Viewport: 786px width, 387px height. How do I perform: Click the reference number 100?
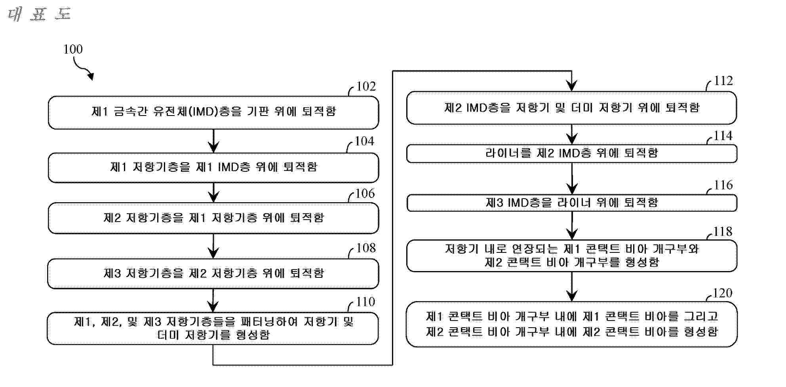click(x=73, y=49)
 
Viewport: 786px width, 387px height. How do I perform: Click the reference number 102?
click(x=366, y=86)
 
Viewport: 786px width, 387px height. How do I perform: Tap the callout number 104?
click(x=364, y=141)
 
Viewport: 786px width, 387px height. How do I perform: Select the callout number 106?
click(x=365, y=193)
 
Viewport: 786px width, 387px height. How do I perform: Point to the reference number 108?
click(x=365, y=248)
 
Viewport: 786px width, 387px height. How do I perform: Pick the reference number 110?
click(x=365, y=302)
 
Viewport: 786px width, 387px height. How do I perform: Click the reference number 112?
click(x=723, y=81)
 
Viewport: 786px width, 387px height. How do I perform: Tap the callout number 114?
click(x=723, y=136)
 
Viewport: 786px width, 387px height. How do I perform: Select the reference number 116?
click(x=723, y=185)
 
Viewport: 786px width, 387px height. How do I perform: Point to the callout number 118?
click(x=723, y=231)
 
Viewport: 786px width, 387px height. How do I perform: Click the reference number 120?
click(x=722, y=293)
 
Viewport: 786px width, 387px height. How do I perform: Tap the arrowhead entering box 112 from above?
click(x=571, y=85)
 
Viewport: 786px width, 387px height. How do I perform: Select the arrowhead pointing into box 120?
click(x=571, y=296)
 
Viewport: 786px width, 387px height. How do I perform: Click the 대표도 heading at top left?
click(x=39, y=15)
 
